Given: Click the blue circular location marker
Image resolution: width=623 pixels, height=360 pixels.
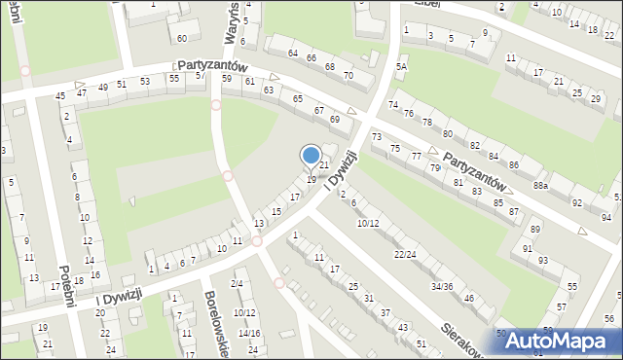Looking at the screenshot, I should point(311,156).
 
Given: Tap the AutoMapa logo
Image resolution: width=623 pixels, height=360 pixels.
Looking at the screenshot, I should point(564,340).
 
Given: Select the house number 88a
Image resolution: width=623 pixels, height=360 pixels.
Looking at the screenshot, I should point(540,185).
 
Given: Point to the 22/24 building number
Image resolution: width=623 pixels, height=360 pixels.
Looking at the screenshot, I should point(405,254).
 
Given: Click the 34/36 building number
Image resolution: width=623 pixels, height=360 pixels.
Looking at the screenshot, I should point(442,286).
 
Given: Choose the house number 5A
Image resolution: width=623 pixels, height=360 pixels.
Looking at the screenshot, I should point(400,66).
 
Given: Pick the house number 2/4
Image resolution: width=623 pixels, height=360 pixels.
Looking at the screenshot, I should point(237,283).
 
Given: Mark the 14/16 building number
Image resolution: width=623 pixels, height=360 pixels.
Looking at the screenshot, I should point(249,333).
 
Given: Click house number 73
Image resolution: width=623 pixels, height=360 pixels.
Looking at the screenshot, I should point(377,136).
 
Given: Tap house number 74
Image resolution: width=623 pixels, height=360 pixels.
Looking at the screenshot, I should point(393,104).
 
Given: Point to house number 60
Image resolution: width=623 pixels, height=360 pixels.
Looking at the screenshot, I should point(182,38).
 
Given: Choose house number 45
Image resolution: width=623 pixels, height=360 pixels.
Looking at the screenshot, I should point(60,95).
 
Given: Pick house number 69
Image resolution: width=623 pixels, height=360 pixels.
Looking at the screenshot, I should point(335,119).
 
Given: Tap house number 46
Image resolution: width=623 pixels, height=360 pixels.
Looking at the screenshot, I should point(469,298).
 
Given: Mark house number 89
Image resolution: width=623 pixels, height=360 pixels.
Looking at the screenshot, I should point(535,229).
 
